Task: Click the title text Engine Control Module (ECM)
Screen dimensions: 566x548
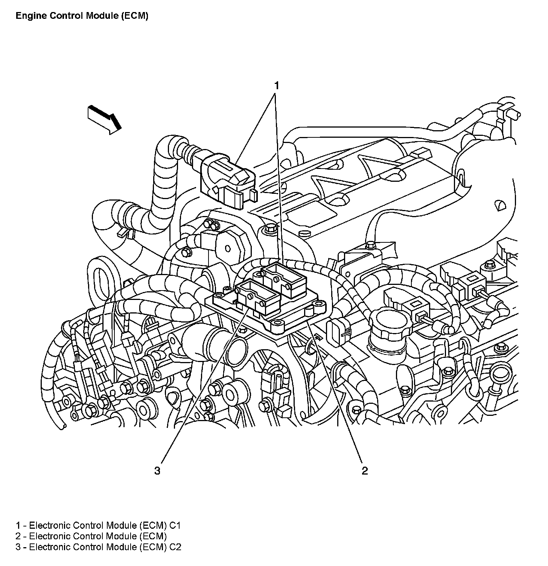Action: pos(82,16)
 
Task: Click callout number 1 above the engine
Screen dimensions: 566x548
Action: pos(277,85)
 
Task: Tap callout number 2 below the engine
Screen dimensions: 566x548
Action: pos(364,470)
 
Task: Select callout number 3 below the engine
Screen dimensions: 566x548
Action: pos(157,470)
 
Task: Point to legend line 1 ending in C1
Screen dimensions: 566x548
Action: pos(98,525)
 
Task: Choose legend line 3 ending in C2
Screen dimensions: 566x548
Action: pos(98,547)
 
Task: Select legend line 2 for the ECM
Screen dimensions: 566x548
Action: pos(91,536)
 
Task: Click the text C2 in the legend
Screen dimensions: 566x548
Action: pos(175,547)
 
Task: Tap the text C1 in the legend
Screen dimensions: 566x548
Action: pos(175,525)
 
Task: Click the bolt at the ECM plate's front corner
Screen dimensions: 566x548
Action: pos(279,323)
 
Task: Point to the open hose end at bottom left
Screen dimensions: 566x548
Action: pos(62,426)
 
